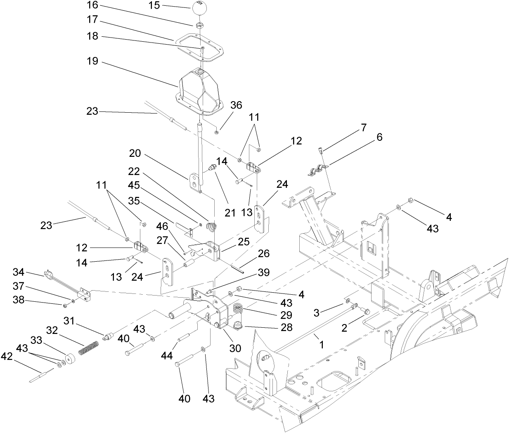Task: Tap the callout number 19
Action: (x=92, y=62)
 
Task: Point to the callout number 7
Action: (x=363, y=128)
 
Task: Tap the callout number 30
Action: (x=235, y=348)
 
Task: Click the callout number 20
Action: (x=135, y=154)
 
